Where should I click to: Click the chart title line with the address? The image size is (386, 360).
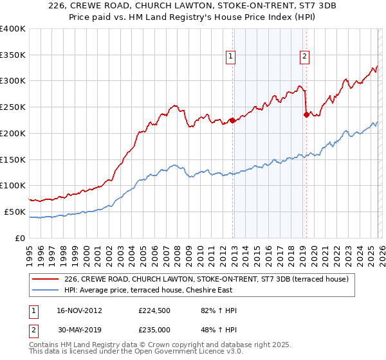click(x=192, y=5)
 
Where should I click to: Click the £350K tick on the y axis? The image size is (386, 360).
click(x=13, y=55)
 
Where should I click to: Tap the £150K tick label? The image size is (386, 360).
click(x=13, y=159)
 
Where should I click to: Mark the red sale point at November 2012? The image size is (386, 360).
click(x=232, y=120)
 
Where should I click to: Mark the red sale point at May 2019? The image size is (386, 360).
click(x=306, y=115)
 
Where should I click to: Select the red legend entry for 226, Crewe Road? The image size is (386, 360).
click(x=206, y=279)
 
